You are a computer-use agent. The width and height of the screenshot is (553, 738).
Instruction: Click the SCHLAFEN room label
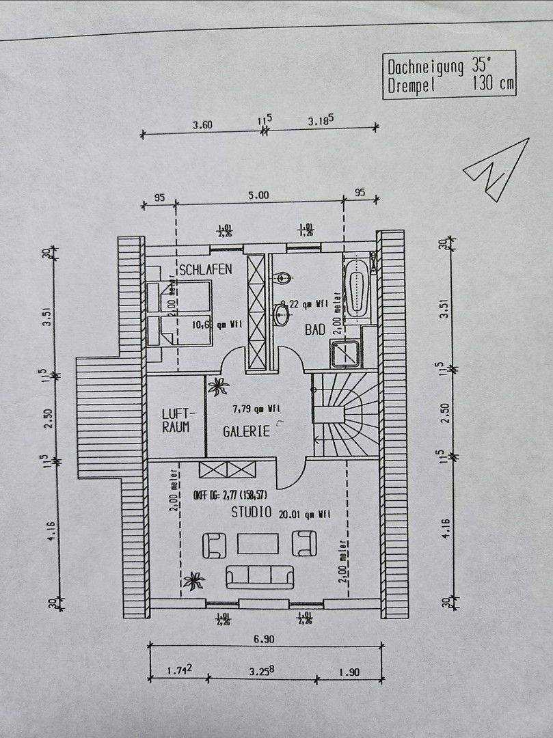[205, 269]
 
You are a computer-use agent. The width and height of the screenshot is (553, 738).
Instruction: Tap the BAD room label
[315, 329]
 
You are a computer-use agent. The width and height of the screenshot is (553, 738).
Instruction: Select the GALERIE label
[246, 431]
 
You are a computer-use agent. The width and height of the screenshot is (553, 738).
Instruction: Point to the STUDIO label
[251, 512]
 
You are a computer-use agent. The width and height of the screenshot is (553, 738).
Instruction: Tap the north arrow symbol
[498, 169]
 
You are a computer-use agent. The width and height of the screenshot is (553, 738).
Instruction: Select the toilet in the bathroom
[282, 278]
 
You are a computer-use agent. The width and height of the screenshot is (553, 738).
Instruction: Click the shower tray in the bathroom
[347, 354]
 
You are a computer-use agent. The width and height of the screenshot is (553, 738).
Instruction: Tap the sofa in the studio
[259, 576]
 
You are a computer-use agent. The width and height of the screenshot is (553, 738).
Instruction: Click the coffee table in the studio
[258, 543]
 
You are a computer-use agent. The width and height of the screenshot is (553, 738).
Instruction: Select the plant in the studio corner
[195, 582]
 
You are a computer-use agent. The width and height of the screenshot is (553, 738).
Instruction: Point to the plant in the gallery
[219, 387]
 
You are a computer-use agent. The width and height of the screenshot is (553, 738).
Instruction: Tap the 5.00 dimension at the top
[258, 195]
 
